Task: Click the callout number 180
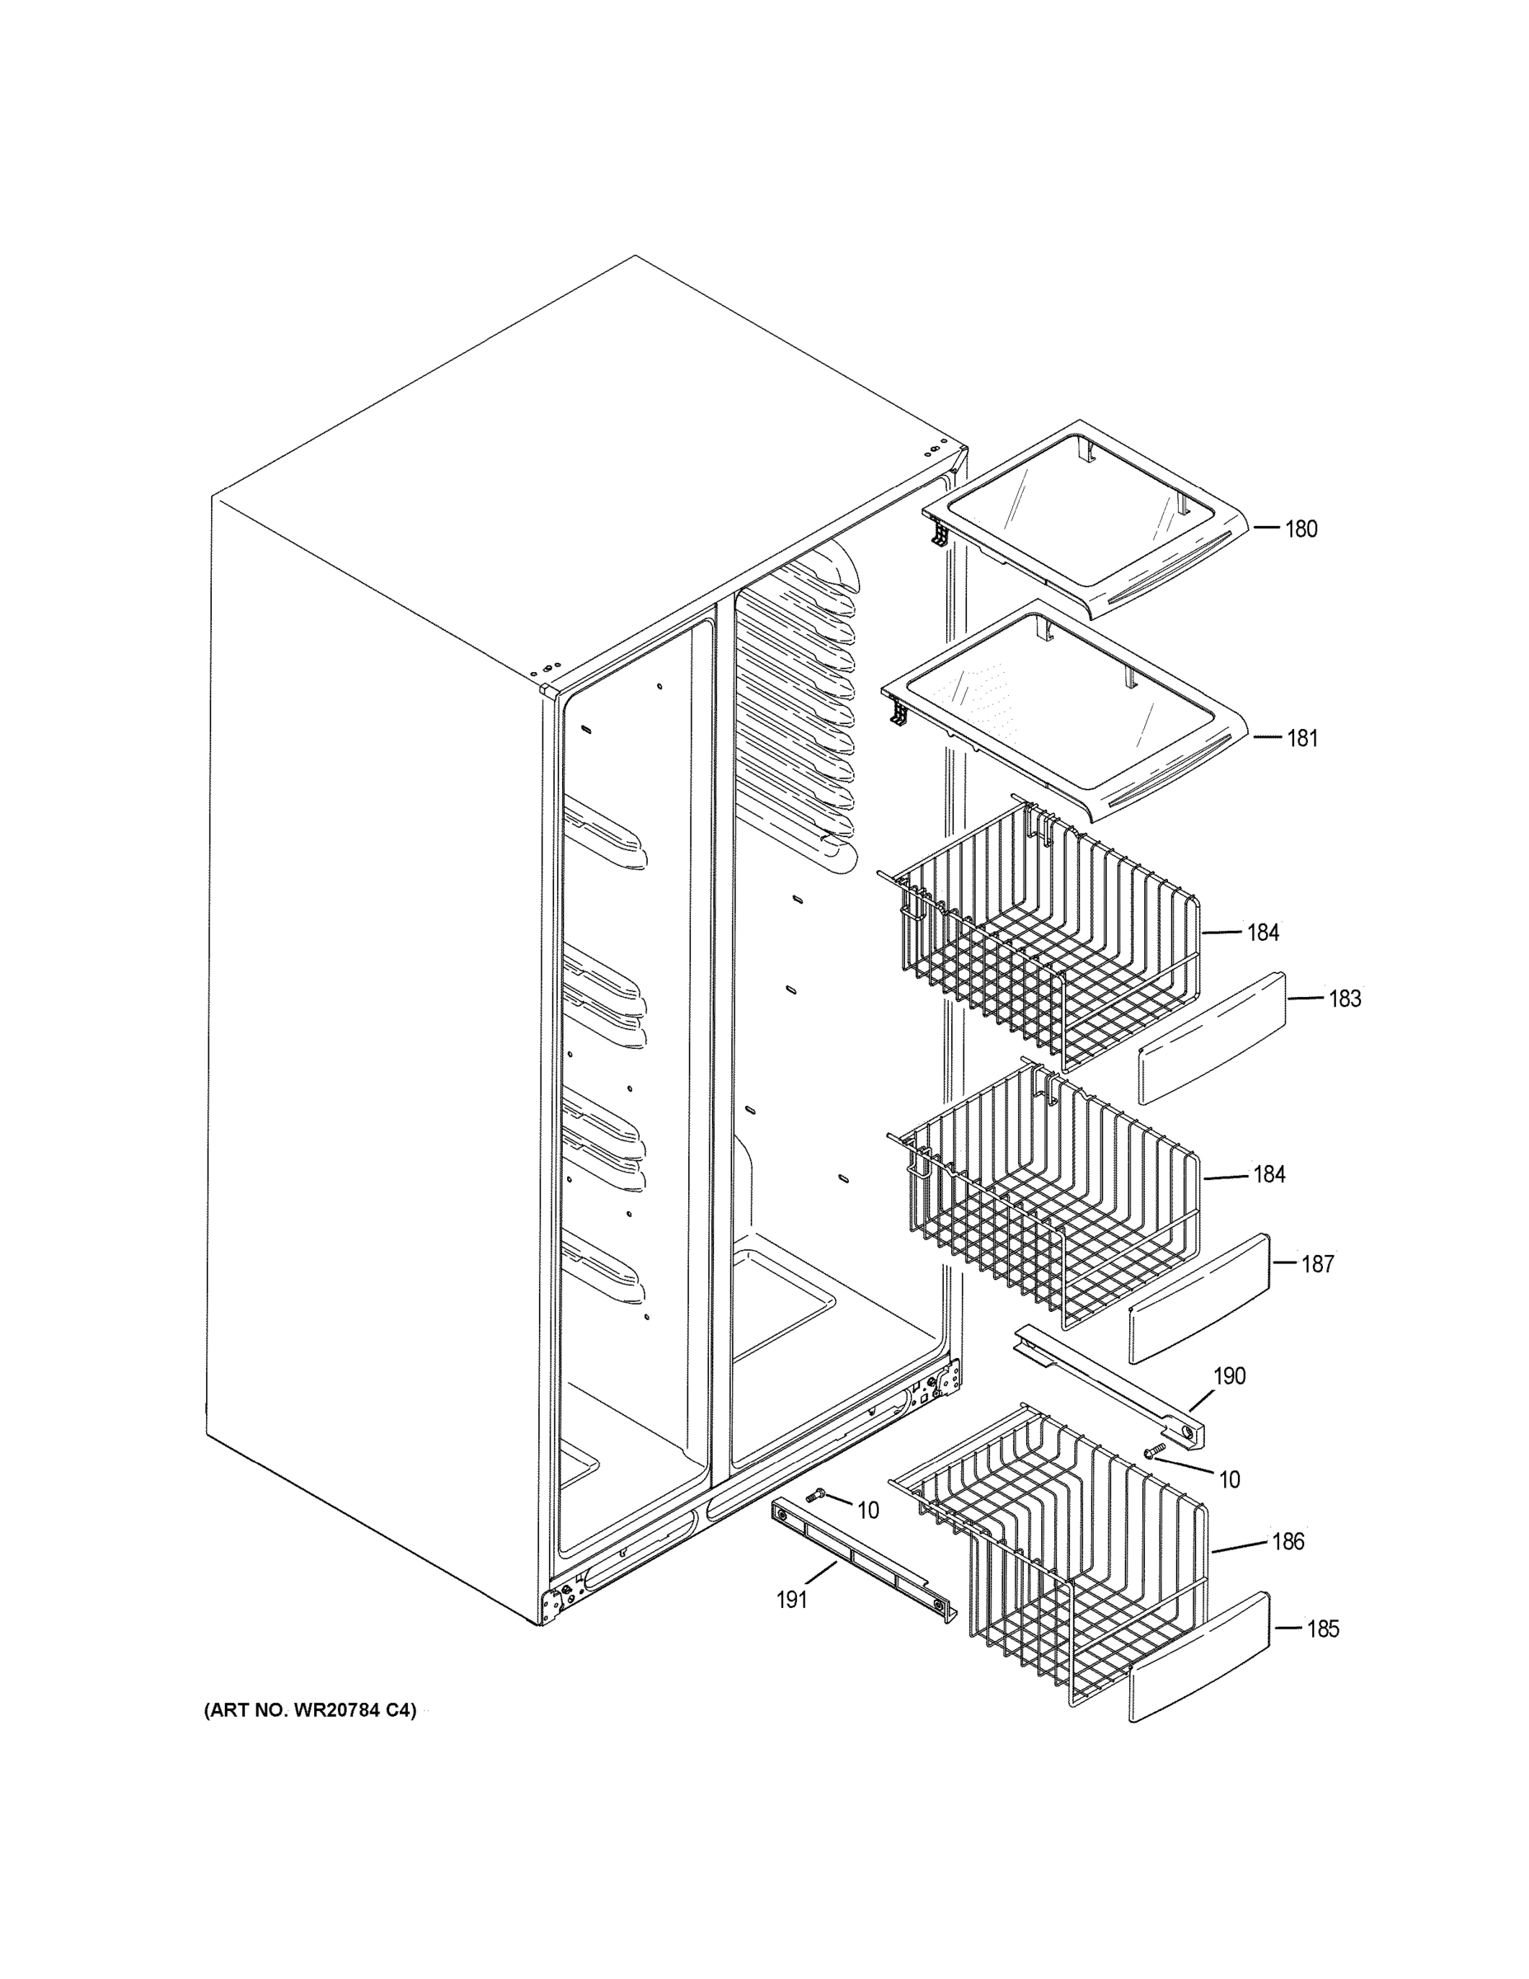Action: [1301, 529]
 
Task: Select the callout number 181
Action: [1302, 739]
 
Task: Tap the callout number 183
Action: [1344, 999]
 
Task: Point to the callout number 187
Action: [1317, 1264]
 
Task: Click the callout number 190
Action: [1229, 1376]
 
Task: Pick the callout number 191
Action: [791, 1601]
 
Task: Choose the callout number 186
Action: [1287, 1541]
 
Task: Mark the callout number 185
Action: [1321, 1629]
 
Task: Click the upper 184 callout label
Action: [1263, 933]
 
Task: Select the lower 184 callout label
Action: [1269, 1175]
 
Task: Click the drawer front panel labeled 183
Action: [1212, 1038]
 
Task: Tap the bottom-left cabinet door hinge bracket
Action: [555, 1605]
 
